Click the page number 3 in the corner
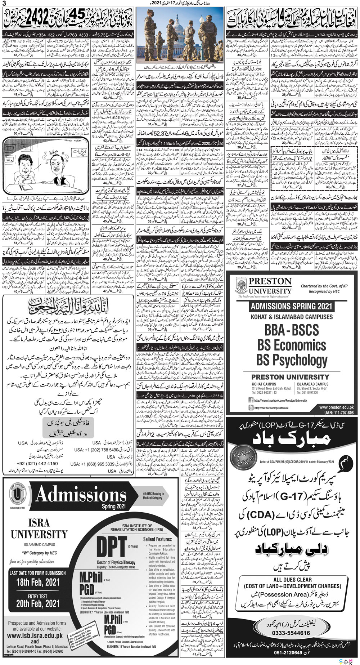(x=4, y=4)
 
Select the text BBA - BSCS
(x=292, y=330)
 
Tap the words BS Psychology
(x=292, y=360)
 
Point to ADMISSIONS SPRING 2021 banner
(x=292, y=306)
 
